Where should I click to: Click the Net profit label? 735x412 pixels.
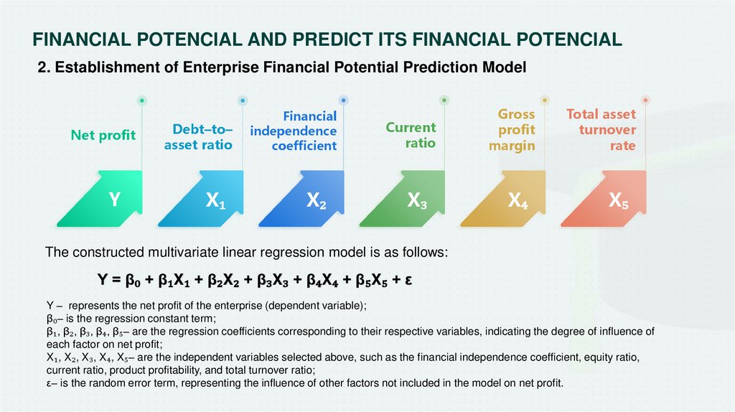[x=103, y=135]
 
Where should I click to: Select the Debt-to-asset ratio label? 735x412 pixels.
[x=198, y=137]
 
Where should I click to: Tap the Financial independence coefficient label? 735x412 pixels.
[x=294, y=131]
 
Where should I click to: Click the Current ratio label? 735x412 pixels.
[x=411, y=135]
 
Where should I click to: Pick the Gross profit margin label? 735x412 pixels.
[x=512, y=130]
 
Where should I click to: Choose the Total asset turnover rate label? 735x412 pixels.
[x=601, y=130]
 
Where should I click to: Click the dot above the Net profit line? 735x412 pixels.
[x=142, y=100]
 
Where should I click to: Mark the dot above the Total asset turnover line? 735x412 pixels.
[x=645, y=100]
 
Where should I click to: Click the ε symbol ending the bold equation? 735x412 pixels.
[x=408, y=281]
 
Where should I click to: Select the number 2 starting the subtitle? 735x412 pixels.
[x=43, y=67]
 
